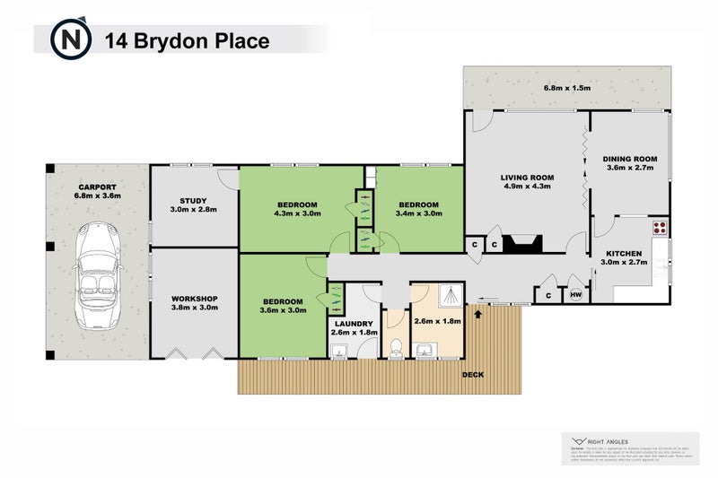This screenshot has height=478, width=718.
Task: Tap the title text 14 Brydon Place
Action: click(x=187, y=40)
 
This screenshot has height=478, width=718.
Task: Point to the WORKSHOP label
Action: click(x=194, y=299)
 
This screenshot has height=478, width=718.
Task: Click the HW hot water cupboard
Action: click(x=574, y=293)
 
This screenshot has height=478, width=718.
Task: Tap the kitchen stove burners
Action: click(x=661, y=228)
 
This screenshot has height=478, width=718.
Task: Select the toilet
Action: click(x=394, y=345)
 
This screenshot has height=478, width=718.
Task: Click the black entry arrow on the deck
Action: click(x=476, y=313)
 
